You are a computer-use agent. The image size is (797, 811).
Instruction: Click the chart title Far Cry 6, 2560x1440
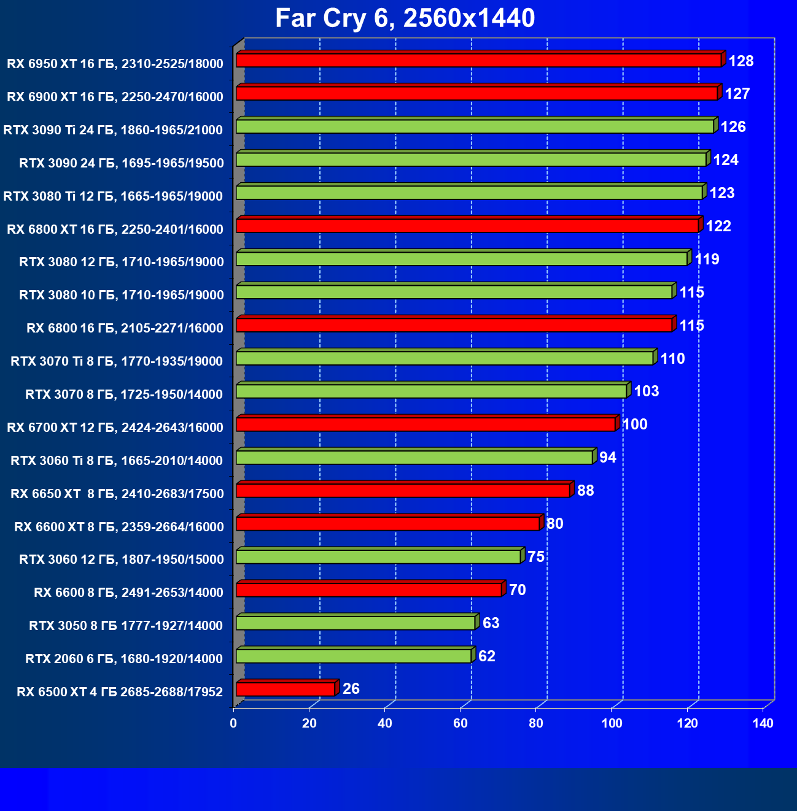[x=405, y=18]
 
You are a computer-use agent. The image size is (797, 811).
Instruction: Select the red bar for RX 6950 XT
[x=478, y=60]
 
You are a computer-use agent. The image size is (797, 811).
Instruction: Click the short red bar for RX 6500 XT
[x=286, y=689]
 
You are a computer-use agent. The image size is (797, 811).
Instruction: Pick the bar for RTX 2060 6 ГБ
[x=354, y=656]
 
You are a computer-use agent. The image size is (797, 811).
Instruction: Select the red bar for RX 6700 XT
[x=426, y=424]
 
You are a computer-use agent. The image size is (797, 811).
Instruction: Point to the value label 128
[x=741, y=61]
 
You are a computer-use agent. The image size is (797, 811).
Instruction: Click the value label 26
[x=351, y=689]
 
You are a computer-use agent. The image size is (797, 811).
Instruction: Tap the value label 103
[x=646, y=391]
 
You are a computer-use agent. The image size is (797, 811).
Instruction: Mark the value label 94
[x=608, y=458]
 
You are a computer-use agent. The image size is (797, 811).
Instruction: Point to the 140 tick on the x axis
[x=763, y=724]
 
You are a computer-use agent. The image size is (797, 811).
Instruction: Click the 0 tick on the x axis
[x=233, y=724]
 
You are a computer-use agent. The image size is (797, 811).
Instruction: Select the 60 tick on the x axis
[x=461, y=724]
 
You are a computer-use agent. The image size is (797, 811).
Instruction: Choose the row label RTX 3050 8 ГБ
[x=126, y=626]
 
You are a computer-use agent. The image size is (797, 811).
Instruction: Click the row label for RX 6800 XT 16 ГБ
[x=115, y=229]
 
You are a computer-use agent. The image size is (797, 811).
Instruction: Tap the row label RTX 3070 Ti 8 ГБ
[x=117, y=361]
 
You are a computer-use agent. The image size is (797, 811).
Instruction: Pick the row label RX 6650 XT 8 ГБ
[x=117, y=494]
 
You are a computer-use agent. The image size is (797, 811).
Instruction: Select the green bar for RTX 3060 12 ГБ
[x=378, y=556]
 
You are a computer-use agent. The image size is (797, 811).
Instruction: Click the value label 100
[x=635, y=425]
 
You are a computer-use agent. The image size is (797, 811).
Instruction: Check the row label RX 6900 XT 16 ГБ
[x=115, y=97]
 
